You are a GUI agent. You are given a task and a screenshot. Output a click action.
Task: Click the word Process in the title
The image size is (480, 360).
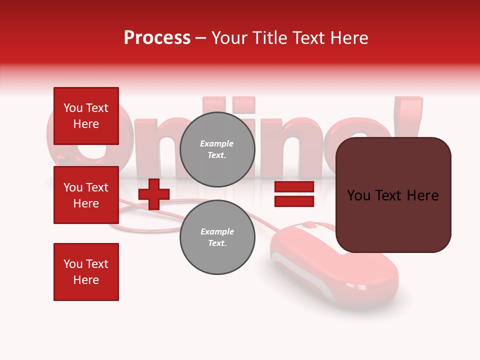coord(157,38)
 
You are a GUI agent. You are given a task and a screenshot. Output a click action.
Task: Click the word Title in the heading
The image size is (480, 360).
coord(270,38)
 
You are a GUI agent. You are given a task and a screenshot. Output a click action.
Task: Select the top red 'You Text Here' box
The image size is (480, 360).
coord(86,116)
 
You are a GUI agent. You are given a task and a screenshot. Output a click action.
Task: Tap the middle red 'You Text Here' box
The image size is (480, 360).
coord(86,195)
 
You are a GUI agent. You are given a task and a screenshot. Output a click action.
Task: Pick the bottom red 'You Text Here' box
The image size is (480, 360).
coord(86,272)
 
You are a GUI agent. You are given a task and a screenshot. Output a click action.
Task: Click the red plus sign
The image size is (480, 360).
coord(154,194)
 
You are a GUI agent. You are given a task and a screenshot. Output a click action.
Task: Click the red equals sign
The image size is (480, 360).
coord(294,194)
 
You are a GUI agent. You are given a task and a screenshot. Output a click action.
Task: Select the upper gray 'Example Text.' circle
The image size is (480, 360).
coord(217,149)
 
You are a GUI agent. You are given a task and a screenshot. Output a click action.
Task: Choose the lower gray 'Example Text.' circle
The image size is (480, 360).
coord(217,237)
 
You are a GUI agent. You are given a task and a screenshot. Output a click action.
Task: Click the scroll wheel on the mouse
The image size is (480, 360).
coord(309,225)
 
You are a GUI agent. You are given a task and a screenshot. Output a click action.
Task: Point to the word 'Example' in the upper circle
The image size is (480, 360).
coord(217,144)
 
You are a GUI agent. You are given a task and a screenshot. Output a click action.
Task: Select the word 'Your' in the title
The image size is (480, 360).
coord(229,38)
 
